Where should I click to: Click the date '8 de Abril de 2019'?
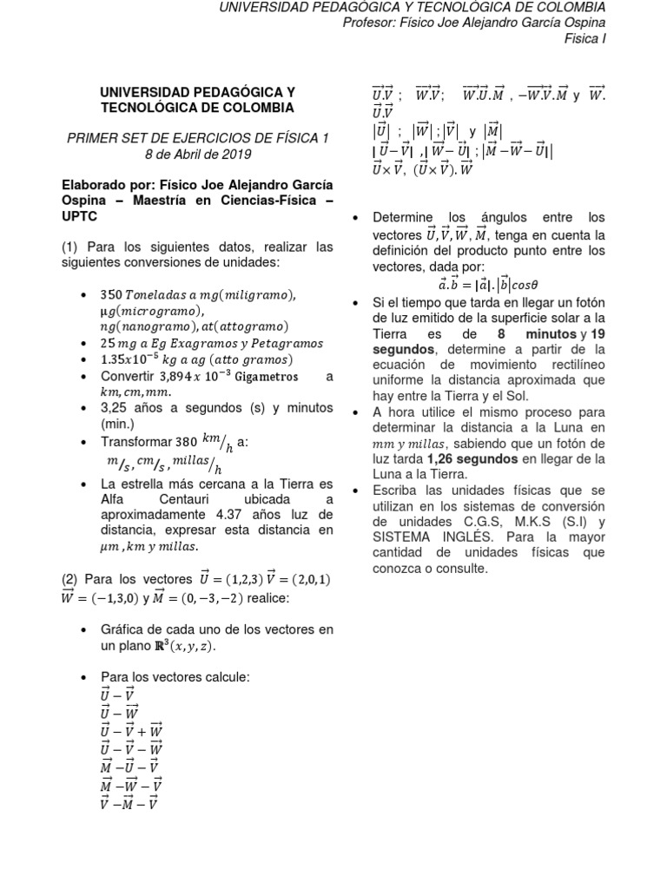[197, 154]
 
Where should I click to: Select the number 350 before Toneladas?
[114, 295]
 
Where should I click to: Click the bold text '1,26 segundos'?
[469, 459]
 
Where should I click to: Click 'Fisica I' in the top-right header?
[584, 39]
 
